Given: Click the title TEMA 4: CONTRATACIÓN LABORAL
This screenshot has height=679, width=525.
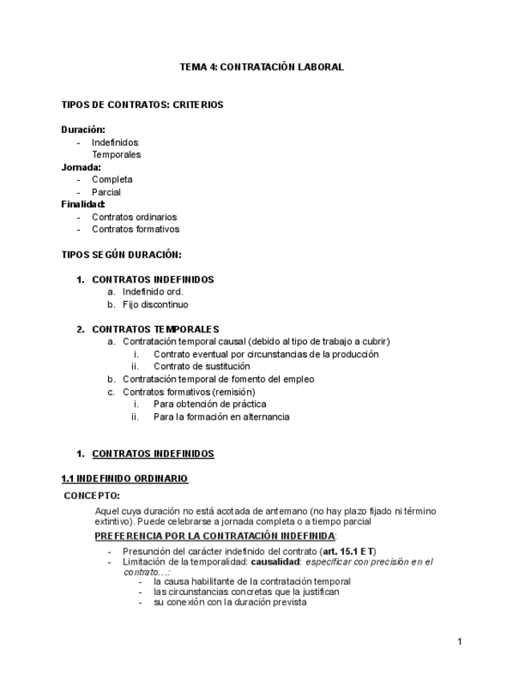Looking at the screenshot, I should (x=262, y=67).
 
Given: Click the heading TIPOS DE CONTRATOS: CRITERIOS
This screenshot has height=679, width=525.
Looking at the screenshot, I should (x=142, y=105).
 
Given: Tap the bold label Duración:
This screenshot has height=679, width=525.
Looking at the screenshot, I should (x=83, y=130).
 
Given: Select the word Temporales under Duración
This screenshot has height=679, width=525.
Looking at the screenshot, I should (x=115, y=155).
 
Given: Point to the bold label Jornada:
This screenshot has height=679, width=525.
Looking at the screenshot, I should (x=81, y=167).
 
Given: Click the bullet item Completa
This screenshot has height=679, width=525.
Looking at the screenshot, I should (x=112, y=179).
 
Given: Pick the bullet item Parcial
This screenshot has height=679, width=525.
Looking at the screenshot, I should (x=106, y=192).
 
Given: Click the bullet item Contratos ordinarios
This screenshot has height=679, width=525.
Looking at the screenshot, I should (x=134, y=217).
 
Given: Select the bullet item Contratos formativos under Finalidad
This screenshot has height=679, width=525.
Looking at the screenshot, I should (x=135, y=230).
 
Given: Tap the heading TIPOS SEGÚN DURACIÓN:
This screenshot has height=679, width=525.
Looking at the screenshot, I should (x=121, y=255).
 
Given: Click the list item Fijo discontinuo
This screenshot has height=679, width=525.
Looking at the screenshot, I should (x=155, y=305).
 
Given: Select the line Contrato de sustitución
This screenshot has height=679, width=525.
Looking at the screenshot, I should (x=201, y=367).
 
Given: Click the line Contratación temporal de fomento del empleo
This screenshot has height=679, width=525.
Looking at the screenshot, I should (x=218, y=379).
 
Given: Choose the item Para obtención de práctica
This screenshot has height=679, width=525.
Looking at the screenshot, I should (x=210, y=404).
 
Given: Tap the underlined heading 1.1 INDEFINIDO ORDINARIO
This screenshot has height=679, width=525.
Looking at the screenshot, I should (x=124, y=479).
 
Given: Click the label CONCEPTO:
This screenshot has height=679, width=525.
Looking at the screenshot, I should (x=92, y=496).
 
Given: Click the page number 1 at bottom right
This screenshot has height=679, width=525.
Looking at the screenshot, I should (x=459, y=641).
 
